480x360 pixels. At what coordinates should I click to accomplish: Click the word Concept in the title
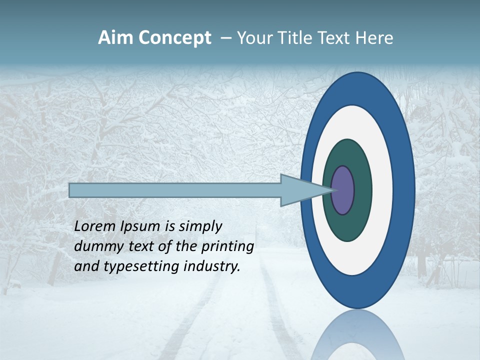(174, 38)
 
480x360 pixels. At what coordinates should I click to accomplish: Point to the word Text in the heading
(333, 38)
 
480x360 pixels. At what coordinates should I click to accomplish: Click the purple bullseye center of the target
(342, 190)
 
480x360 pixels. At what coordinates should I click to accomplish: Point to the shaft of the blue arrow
(175, 190)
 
